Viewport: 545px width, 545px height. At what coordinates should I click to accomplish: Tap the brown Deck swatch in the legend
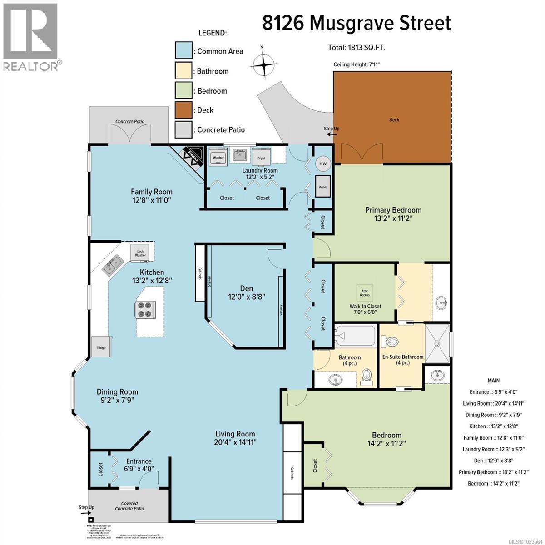click(x=184, y=110)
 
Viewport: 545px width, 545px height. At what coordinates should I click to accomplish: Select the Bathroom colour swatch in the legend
click(x=184, y=71)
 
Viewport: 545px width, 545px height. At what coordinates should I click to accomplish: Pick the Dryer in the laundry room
click(x=261, y=158)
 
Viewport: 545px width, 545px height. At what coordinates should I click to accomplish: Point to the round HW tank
click(x=323, y=163)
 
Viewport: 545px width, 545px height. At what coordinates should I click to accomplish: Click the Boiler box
click(x=323, y=187)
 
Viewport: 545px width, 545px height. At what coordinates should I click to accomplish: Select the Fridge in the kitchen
click(x=101, y=347)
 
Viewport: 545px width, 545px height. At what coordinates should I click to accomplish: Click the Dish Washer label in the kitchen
click(x=140, y=253)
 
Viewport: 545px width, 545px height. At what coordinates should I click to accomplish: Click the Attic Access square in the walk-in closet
click(x=365, y=292)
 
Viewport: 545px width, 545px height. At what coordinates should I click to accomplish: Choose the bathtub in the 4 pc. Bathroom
click(x=356, y=337)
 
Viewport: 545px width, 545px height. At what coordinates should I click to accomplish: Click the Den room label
click(x=247, y=292)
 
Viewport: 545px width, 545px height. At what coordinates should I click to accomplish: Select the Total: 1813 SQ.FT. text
click(x=357, y=47)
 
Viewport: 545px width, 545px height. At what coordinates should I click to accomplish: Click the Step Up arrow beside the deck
click(x=332, y=131)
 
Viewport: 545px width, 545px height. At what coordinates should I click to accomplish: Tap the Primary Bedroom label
click(x=393, y=214)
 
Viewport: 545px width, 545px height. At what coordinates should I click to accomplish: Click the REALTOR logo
click(x=30, y=37)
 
